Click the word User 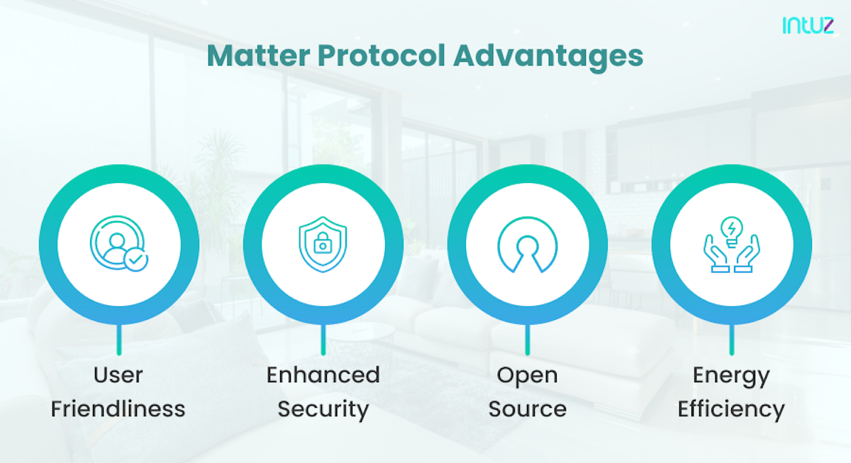118,374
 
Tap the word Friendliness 118,409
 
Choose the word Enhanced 323,374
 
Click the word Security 323,409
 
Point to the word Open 527,374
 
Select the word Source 527,409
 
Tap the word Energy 731,376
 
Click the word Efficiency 731,409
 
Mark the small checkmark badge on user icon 135,261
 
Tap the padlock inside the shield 323,245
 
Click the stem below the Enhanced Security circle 323,340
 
